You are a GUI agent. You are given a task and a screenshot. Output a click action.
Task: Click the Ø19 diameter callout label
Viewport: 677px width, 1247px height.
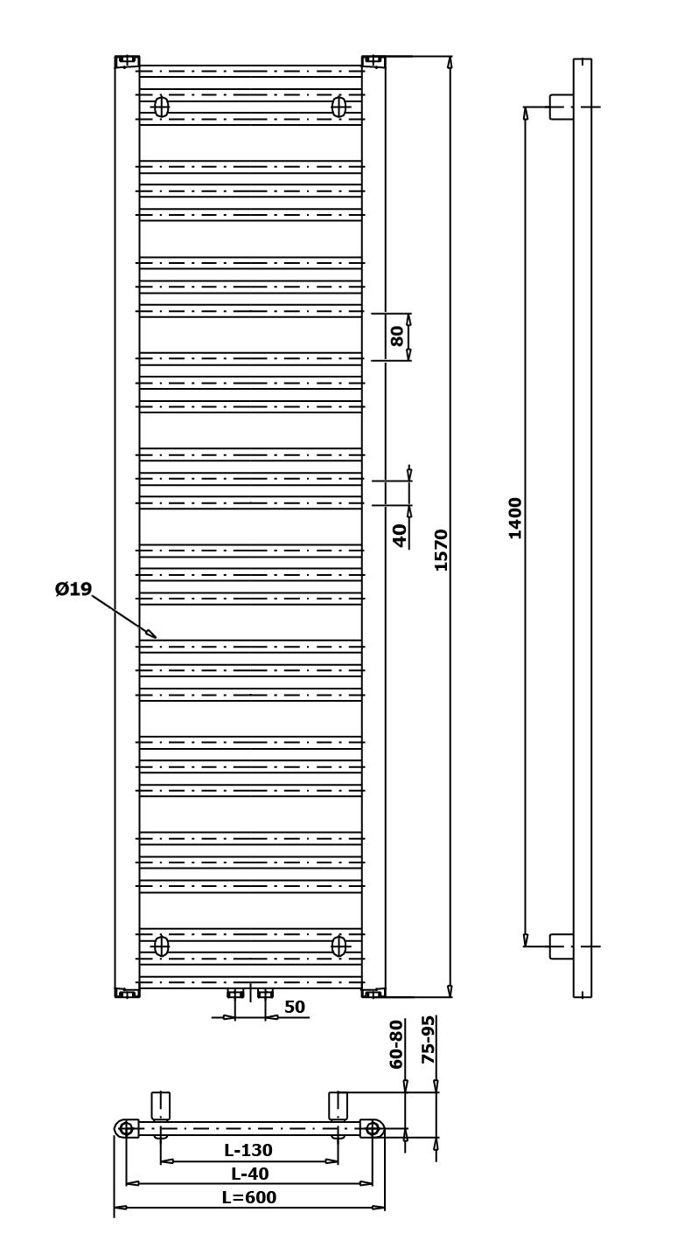point(73,588)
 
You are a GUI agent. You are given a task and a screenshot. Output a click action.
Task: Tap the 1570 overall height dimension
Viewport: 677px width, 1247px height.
point(442,550)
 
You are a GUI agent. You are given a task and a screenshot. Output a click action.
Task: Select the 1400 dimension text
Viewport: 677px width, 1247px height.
point(515,517)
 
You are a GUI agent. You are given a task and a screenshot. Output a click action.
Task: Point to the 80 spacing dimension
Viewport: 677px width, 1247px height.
point(397,336)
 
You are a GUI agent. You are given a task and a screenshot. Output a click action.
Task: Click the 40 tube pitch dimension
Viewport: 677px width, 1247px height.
point(400,535)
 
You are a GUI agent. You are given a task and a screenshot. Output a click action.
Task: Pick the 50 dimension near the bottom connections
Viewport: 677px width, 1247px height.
point(295,1007)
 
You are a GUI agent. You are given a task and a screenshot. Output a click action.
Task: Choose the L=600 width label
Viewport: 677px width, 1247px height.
point(249,1197)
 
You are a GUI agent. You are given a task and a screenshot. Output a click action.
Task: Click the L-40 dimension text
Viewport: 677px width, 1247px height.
point(250,1173)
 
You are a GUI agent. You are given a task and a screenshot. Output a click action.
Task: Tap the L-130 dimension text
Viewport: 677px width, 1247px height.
point(248,1150)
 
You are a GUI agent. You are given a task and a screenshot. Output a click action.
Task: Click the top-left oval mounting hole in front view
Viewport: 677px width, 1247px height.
point(161,106)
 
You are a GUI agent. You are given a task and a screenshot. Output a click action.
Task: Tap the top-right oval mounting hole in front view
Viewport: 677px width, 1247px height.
point(338,106)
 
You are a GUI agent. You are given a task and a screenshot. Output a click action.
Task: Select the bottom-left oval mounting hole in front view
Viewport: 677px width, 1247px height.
point(161,946)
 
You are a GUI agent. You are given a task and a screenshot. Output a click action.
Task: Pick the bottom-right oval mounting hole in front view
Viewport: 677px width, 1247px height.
point(338,946)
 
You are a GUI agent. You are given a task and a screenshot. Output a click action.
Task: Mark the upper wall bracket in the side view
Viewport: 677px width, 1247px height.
point(562,107)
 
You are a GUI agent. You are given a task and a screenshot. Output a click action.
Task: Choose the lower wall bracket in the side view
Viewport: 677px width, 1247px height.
point(562,946)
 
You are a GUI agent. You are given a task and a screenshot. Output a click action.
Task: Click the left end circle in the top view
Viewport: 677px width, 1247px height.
point(127,1128)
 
